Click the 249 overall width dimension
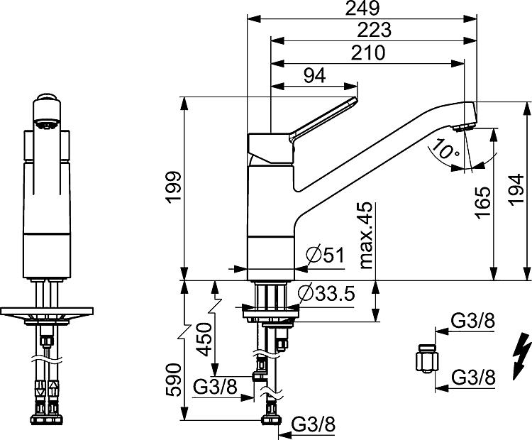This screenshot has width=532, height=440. [x=362, y=9]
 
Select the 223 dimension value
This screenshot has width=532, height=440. [x=375, y=30]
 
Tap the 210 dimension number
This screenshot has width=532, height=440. [x=368, y=53]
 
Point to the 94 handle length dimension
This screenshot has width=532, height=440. [x=314, y=76]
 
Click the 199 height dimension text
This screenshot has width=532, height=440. [x=174, y=187]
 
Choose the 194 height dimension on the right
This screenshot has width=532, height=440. [x=516, y=190]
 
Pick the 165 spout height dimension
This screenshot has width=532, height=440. [x=483, y=203]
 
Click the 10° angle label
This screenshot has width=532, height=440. [x=446, y=149]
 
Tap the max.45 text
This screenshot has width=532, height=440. [x=366, y=236]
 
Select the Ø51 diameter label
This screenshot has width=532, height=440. [x=325, y=255]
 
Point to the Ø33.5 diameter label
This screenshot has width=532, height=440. [x=326, y=294]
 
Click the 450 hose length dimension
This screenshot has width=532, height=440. [x=205, y=339]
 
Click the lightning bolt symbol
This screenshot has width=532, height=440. [x=521, y=357]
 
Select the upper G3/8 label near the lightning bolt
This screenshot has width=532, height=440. [x=473, y=321]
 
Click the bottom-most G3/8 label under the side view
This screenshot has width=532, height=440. [x=314, y=424]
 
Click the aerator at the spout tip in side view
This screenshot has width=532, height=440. [x=464, y=128]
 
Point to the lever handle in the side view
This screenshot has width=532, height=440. [x=323, y=120]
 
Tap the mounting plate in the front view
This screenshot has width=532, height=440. [x=47, y=311]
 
